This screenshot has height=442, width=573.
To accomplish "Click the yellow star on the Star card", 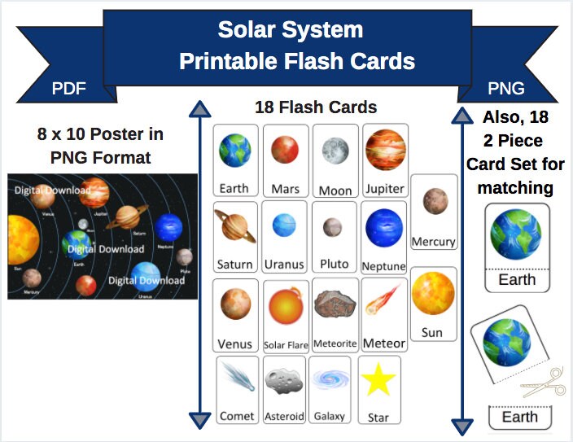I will (x=379, y=380).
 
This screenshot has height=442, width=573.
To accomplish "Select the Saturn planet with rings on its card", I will (x=234, y=225).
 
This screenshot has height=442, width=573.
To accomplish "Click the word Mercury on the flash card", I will (x=433, y=242).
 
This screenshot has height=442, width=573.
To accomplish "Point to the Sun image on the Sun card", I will (x=433, y=294).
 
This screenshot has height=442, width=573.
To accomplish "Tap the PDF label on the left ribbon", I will (x=69, y=88).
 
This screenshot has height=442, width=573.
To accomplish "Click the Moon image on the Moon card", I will (x=335, y=151).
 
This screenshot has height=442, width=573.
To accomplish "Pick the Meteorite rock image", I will (x=335, y=304).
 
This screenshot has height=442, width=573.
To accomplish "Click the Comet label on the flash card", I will (x=237, y=416).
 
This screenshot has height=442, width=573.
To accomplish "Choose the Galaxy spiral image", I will (x=330, y=380).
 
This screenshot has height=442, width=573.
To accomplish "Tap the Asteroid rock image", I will (x=284, y=380).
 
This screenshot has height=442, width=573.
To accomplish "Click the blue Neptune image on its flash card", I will (x=383, y=228).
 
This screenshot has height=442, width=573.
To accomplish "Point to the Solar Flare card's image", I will (x=286, y=307).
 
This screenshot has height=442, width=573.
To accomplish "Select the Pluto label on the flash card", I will (x=334, y=264).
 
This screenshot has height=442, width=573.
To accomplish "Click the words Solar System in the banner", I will (x=290, y=31).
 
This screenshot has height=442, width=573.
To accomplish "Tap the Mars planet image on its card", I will (x=286, y=151).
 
